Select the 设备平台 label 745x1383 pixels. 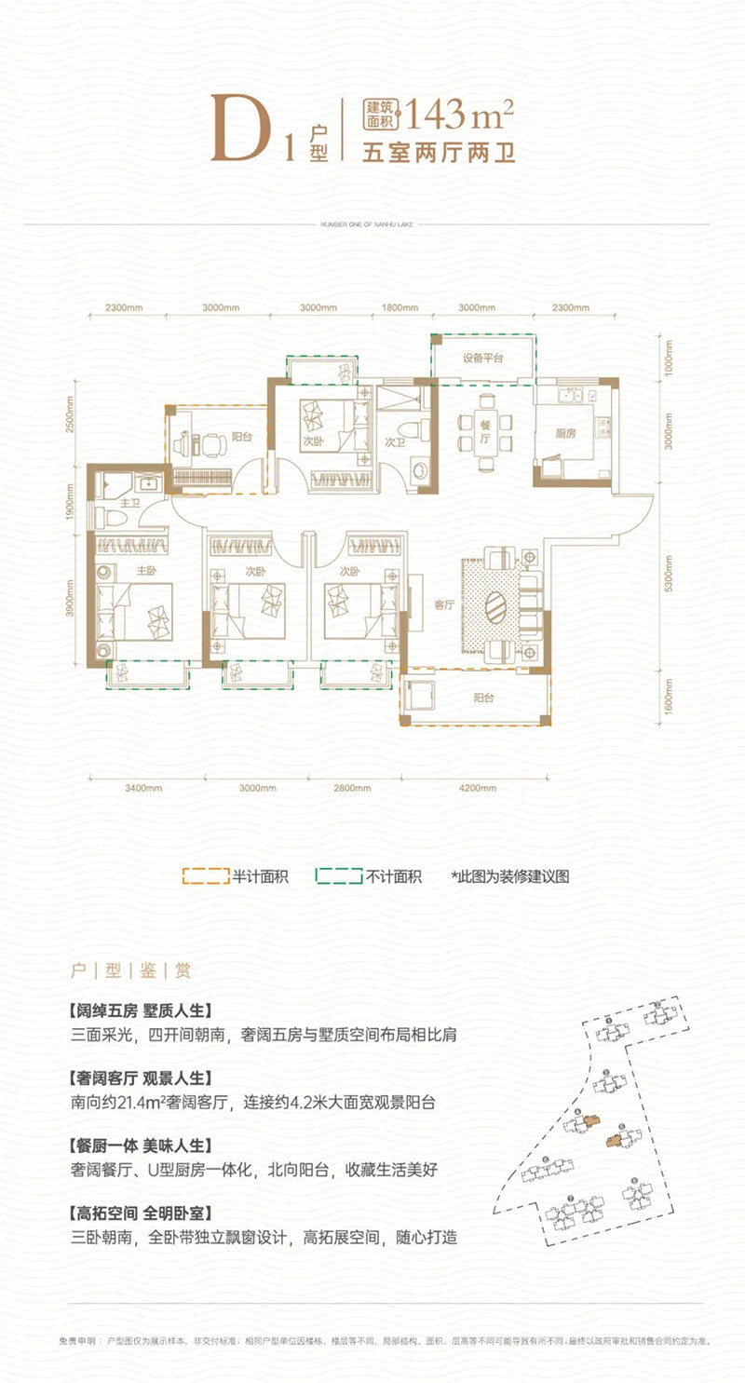tap(483, 359)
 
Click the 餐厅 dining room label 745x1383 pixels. tap(485, 440)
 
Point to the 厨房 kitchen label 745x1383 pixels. tap(574, 433)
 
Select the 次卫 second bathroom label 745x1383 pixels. tap(394, 442)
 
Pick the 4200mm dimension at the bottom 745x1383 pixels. tap(477, 790)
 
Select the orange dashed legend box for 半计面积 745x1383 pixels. tap(205, 876)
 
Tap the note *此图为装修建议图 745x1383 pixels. tap(509, 876)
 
